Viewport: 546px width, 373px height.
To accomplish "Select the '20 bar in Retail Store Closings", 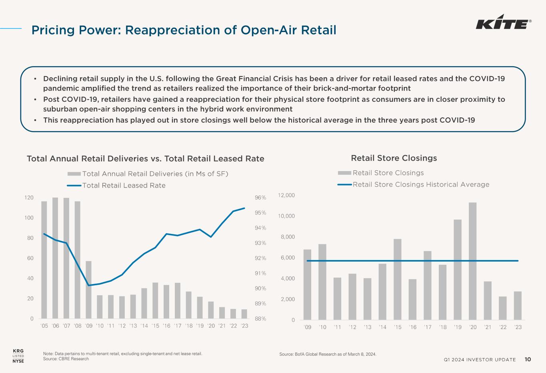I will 472,261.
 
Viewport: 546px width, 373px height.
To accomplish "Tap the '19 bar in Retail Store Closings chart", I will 458,270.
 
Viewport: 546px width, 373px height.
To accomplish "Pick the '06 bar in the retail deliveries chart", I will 55,258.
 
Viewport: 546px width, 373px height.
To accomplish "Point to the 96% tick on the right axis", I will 260,198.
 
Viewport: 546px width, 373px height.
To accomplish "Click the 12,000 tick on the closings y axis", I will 287,195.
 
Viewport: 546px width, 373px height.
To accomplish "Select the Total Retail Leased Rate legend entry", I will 124,185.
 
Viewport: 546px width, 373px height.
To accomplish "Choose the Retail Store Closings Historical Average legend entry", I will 421,184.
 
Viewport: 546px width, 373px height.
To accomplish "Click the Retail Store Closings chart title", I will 394,158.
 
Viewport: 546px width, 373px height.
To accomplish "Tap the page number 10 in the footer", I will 528,359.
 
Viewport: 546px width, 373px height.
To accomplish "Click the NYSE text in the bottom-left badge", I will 18,361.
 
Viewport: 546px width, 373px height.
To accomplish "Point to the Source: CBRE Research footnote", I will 66,359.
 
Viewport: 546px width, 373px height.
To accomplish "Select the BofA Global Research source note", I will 328,355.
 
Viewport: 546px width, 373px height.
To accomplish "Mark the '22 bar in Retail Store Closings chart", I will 502,308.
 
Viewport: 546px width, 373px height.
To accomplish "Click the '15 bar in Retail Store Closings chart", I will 397,279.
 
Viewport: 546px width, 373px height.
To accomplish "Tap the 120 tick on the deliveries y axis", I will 29,198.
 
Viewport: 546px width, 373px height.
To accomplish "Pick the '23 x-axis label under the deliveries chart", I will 244,326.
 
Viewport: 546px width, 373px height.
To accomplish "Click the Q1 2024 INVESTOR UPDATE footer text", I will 480,360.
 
